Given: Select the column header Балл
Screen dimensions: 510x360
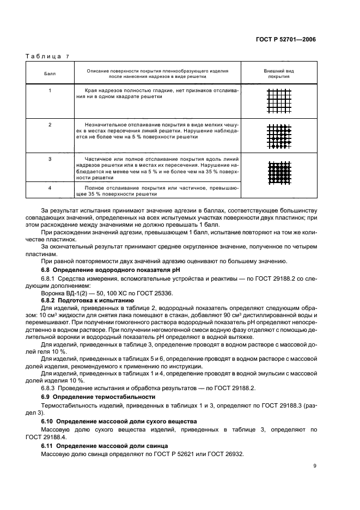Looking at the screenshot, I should point(50,74).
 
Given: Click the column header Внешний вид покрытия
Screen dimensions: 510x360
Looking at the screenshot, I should point(279,74).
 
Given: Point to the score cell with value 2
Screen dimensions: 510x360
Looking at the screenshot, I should point(50,125).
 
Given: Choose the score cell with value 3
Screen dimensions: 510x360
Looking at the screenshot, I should point(50,159).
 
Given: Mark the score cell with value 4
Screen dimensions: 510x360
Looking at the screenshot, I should point(50,187).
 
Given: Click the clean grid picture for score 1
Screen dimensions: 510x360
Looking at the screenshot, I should point(279,101).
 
